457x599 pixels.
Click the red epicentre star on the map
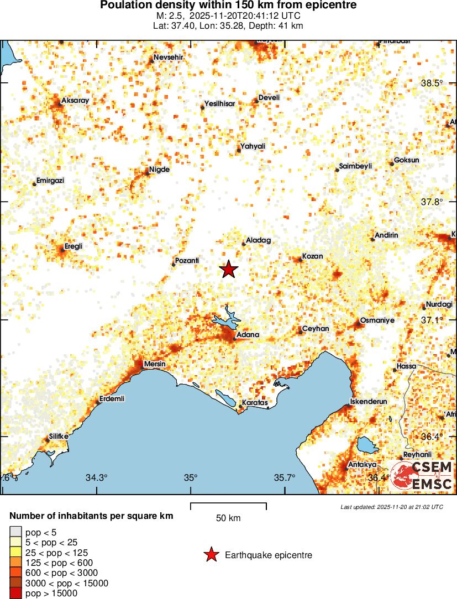(229, 269)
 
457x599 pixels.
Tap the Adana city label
(247, 335)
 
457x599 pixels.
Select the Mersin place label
(154, 364)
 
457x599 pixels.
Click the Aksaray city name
(75, 101)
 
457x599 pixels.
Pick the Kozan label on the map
(312, 257)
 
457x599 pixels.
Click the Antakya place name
(363, 465)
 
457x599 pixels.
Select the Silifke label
(58, 436)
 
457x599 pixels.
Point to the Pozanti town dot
(174, 265)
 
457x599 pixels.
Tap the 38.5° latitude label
(432, 83)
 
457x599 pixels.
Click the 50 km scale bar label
(228, 518)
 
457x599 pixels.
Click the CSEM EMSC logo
(422, 475)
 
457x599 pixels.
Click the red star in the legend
(211, 555)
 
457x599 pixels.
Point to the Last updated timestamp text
(392, 507)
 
